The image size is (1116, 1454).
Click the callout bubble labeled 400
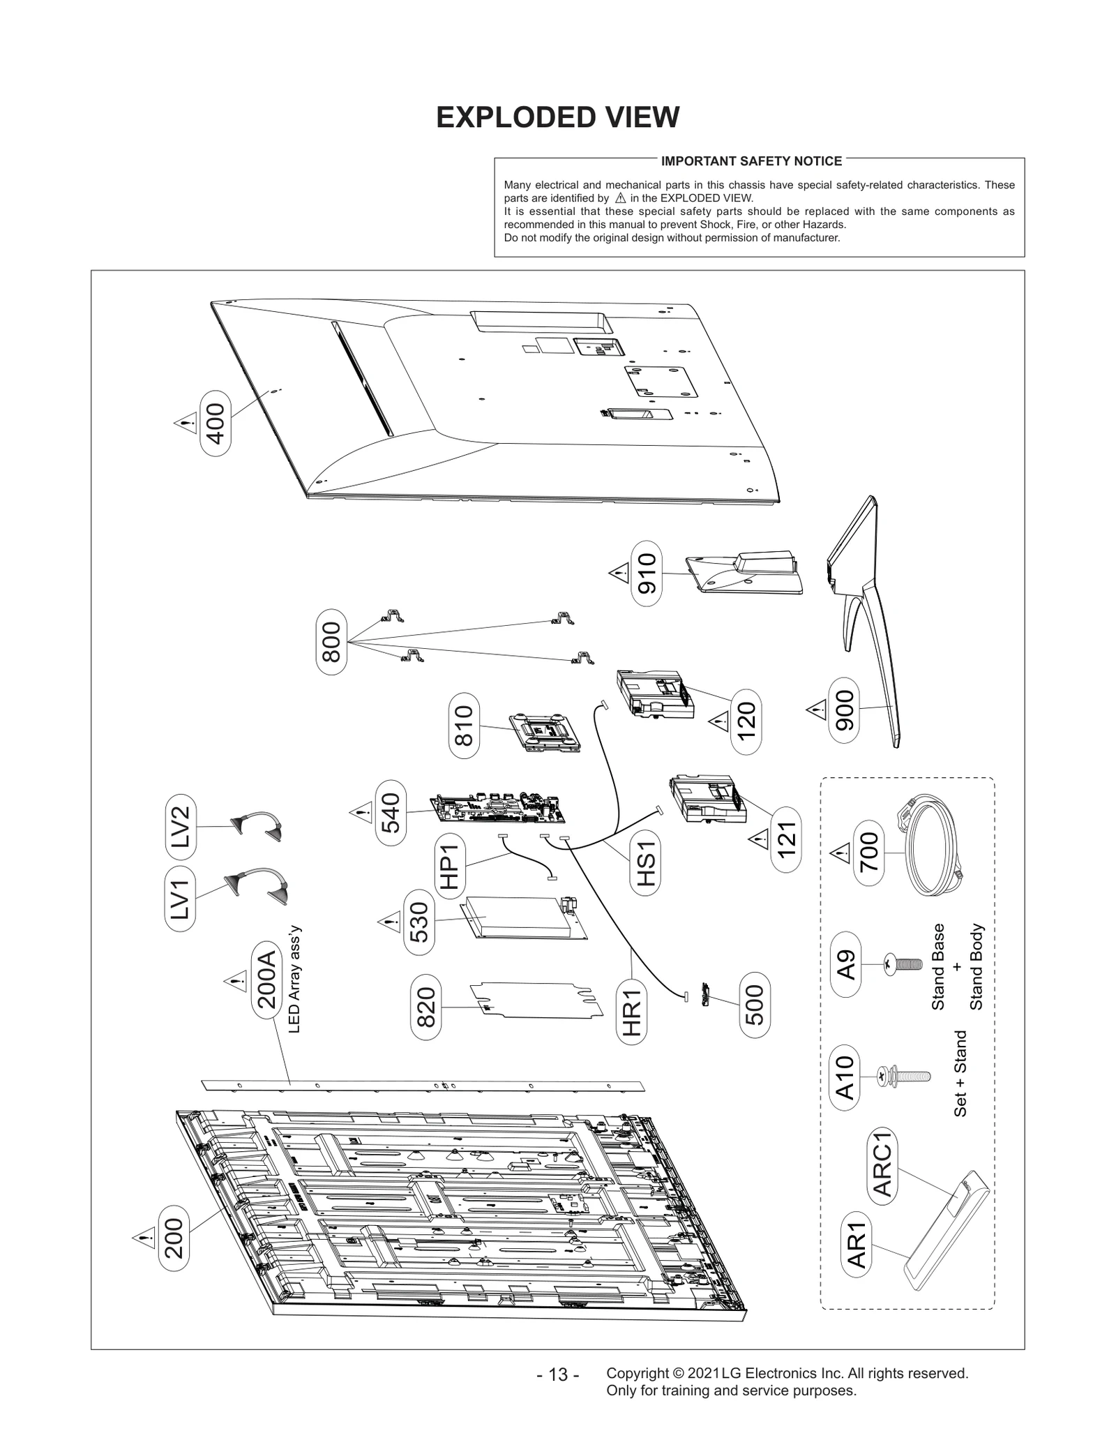pos(216,423)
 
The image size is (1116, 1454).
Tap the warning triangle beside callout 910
pos(618,574)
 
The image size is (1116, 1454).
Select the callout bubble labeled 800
pos(331,641)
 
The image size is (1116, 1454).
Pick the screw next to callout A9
pos(901,965)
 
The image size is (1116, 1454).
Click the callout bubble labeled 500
pos(754,1004)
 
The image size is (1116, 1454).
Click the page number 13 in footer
pos(558,1374)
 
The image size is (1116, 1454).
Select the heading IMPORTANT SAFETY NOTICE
pos(751,161)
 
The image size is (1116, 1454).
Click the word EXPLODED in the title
pos(505,117)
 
